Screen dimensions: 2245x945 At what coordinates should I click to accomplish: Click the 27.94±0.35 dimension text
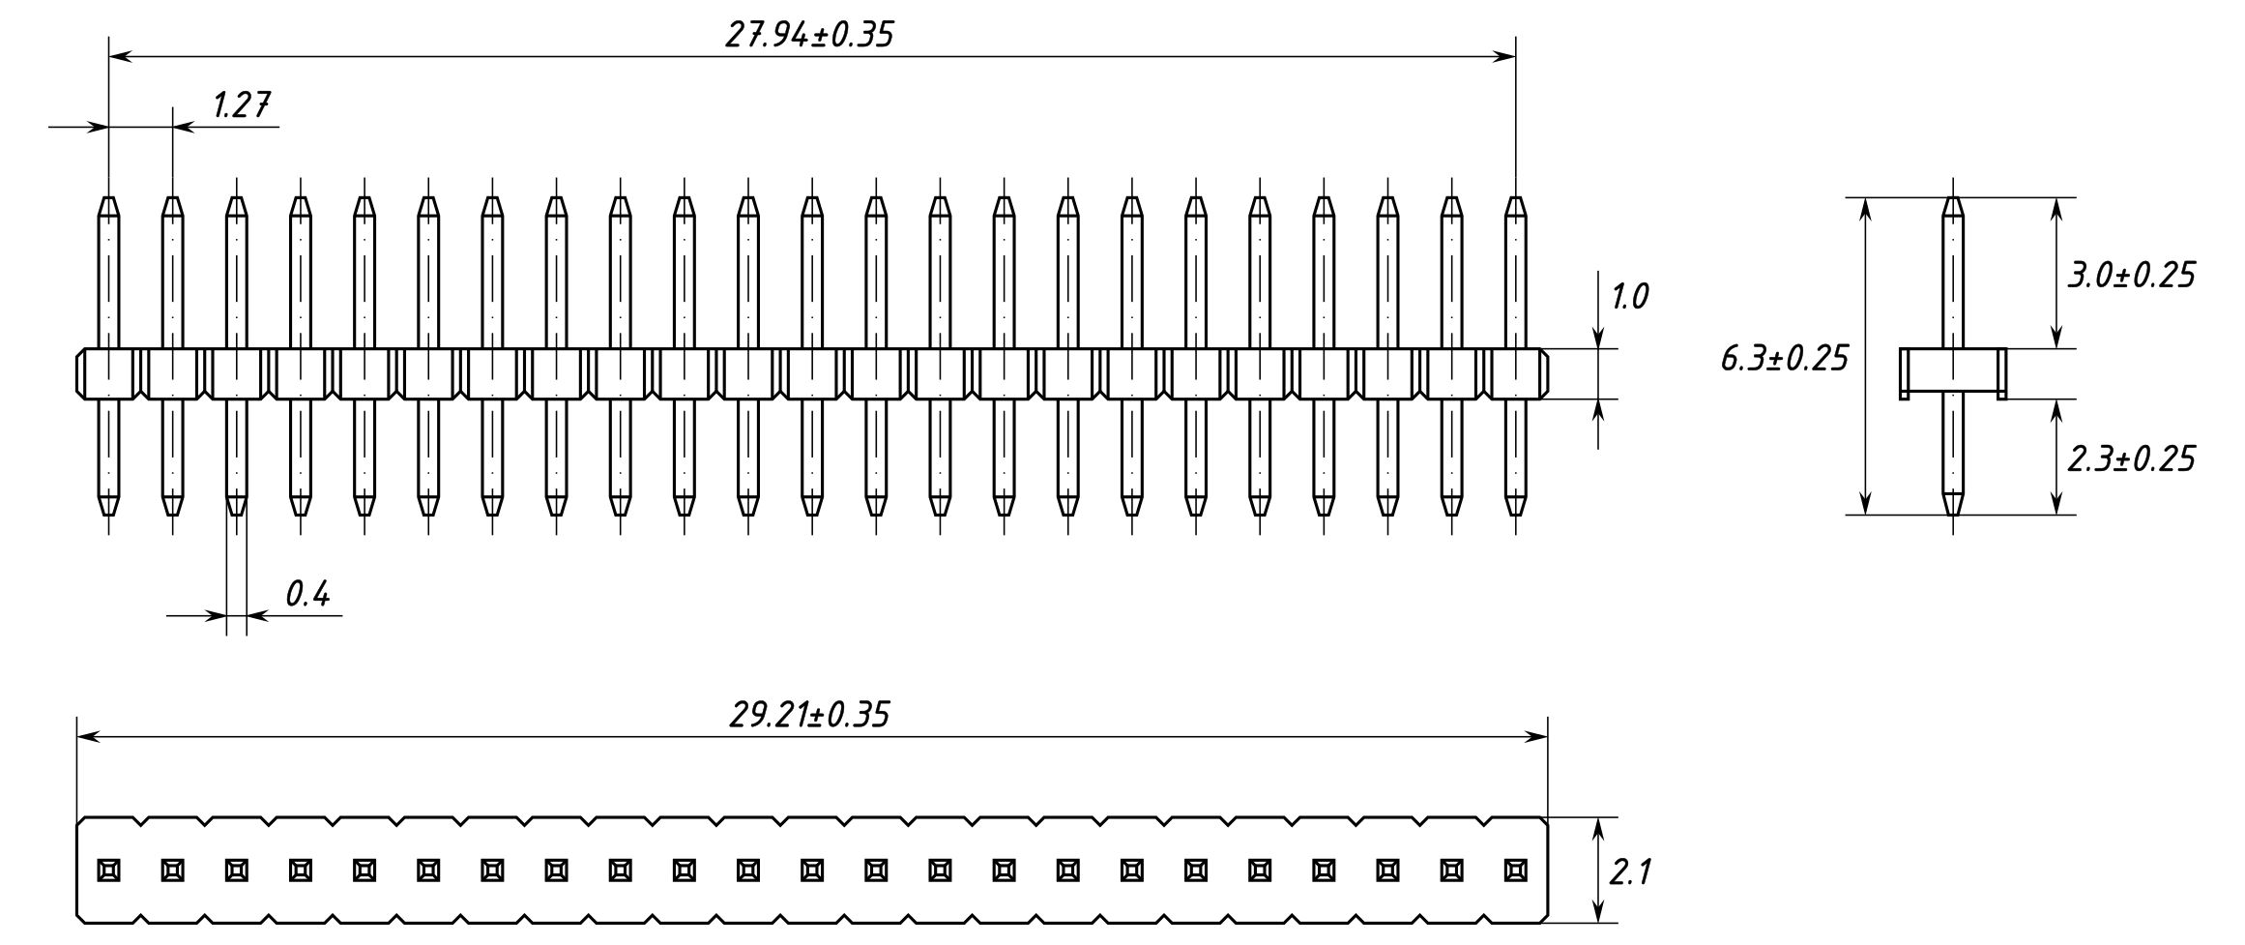[809, 35]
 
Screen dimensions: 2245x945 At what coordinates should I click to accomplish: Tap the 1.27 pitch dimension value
[241, 104]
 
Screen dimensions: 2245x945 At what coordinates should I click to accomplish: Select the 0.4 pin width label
[307, 594]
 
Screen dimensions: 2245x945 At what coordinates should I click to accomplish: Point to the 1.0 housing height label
[1630, 297]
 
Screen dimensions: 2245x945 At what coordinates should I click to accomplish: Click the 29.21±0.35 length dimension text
[808, 716]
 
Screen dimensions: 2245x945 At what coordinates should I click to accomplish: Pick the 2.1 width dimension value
[1630, 873]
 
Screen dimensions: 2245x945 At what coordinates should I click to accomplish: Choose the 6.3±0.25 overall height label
[1784, 359]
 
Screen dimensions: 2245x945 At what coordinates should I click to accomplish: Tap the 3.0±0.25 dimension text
[2131, 276]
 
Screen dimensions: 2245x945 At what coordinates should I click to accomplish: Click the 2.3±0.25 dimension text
[2131, 458]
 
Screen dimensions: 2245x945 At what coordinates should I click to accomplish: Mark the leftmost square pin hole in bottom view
[108, 870]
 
